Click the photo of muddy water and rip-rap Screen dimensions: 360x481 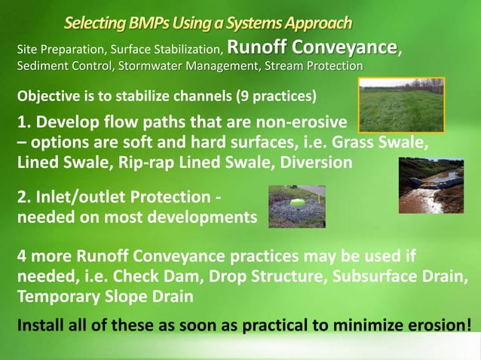430,185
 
